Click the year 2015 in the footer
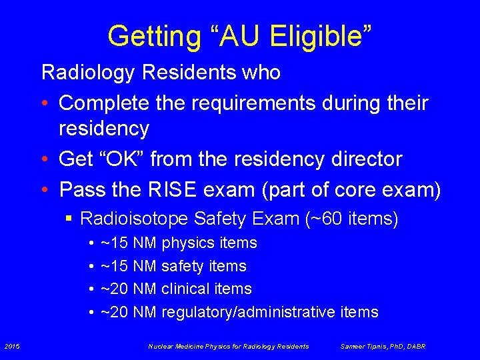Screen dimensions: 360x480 (11, 346)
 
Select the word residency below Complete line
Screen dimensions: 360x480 (104, 127)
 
